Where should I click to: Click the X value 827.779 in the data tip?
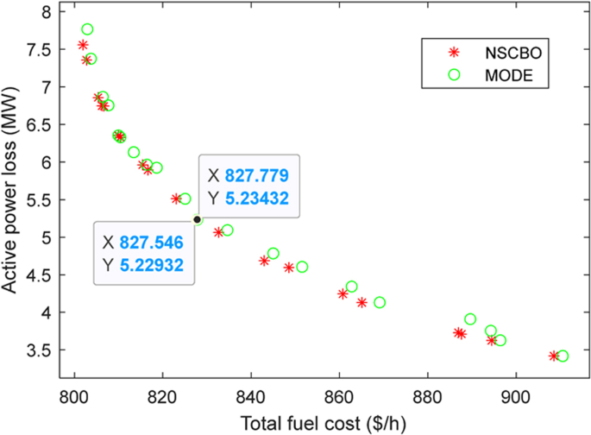256,175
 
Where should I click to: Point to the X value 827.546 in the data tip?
150,241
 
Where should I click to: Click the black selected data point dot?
197,219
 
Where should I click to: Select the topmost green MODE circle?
87,29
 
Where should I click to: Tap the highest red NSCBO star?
83,45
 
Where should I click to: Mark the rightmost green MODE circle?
563,356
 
